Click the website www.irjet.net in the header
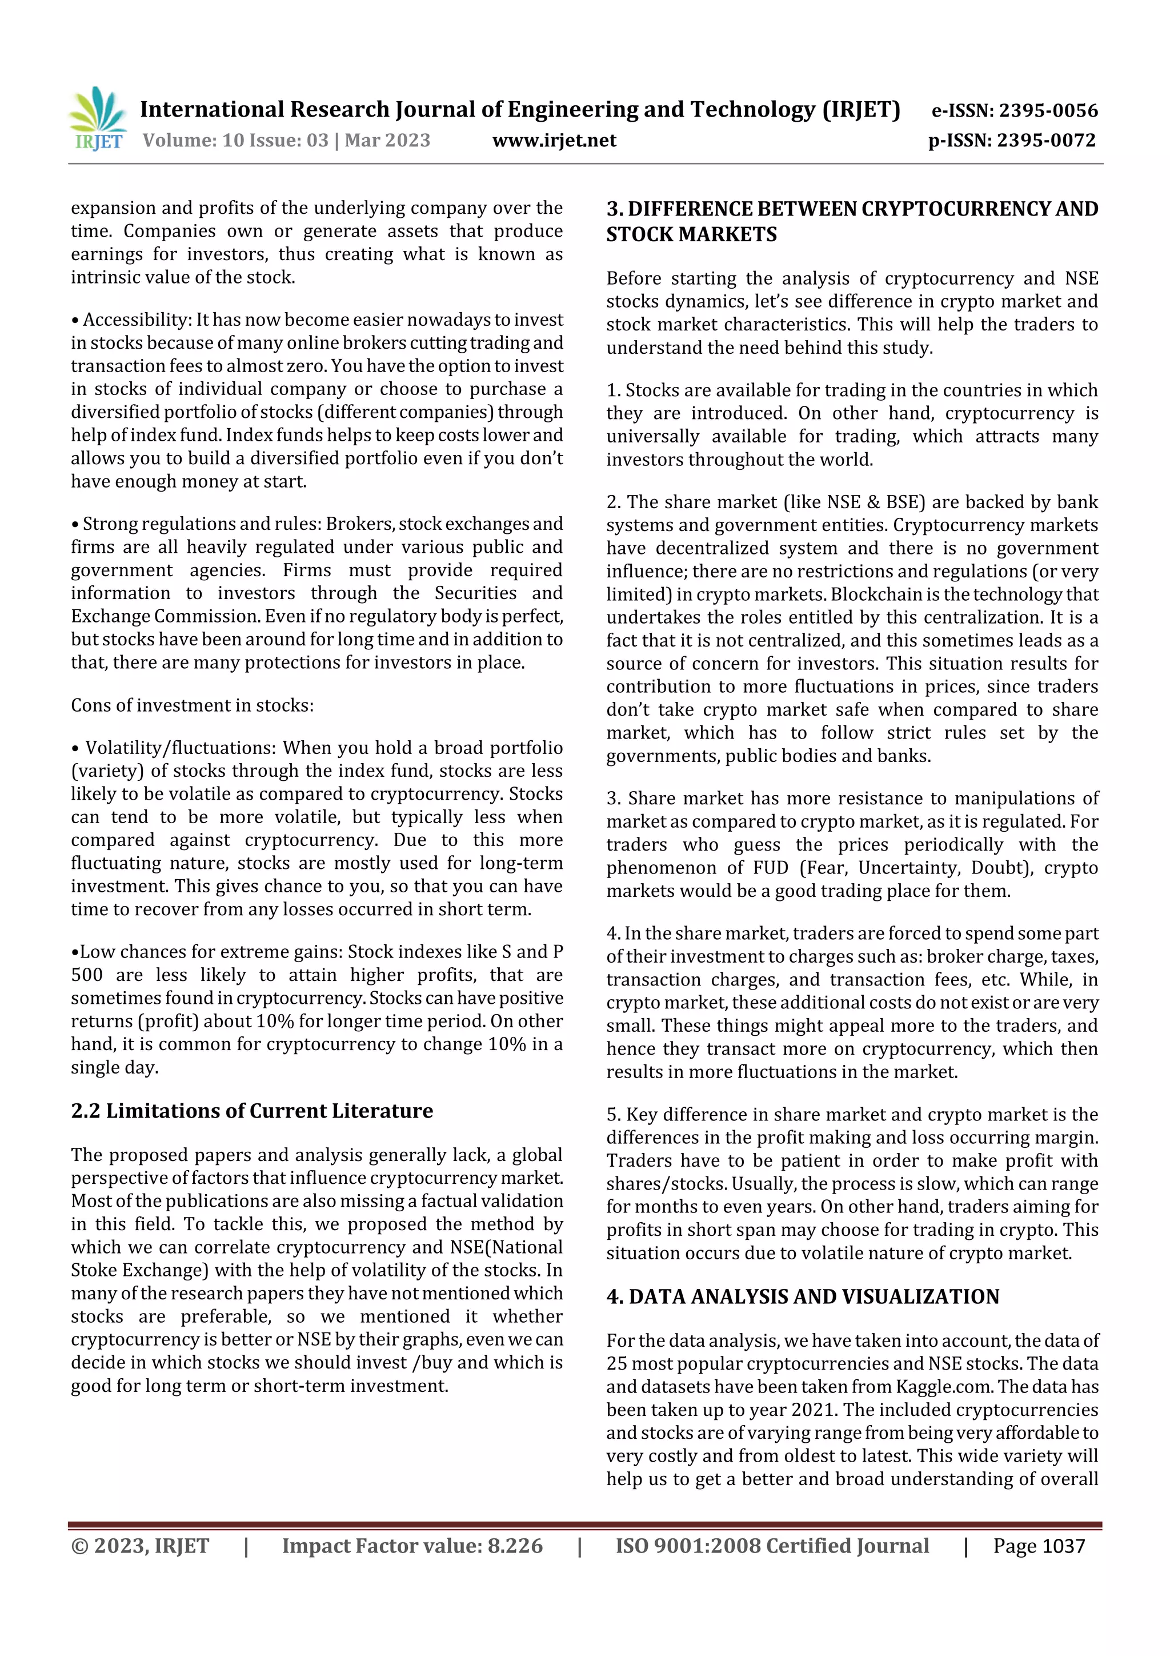(x=554, y=141)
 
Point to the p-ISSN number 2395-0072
(x=1046, y=141)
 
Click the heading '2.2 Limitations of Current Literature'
(x=251, y=1111)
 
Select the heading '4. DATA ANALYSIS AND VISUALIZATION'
(x=802, y=1297)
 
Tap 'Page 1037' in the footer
(x=1038, y=1546)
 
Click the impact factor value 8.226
(x=515, y=1546)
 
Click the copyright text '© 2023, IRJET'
(x=140, y=1546)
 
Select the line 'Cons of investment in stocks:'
(x=192, y=705)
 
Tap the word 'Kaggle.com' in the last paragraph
(x=944, y=1387)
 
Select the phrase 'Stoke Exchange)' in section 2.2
(x=137, y=1270)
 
